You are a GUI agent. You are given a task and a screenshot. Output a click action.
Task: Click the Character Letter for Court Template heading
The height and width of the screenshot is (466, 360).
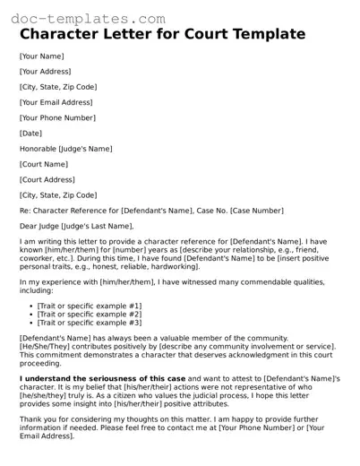[162, 35]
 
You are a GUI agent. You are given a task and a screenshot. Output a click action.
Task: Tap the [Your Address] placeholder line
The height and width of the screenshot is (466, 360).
[47, 72]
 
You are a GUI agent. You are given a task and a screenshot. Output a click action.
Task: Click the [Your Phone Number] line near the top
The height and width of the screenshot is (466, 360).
[58, 116]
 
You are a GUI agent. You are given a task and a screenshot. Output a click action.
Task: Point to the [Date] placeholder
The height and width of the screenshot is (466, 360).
[30, 133]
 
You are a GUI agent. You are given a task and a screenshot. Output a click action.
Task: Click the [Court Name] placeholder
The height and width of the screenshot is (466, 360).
[44, 164]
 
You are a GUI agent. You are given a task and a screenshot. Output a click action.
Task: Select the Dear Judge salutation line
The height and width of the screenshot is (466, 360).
[72, 226]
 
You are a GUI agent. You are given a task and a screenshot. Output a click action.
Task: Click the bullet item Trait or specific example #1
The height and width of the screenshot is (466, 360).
[89, 306]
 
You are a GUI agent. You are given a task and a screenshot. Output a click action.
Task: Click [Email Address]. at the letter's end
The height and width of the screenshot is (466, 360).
[50, 438]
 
